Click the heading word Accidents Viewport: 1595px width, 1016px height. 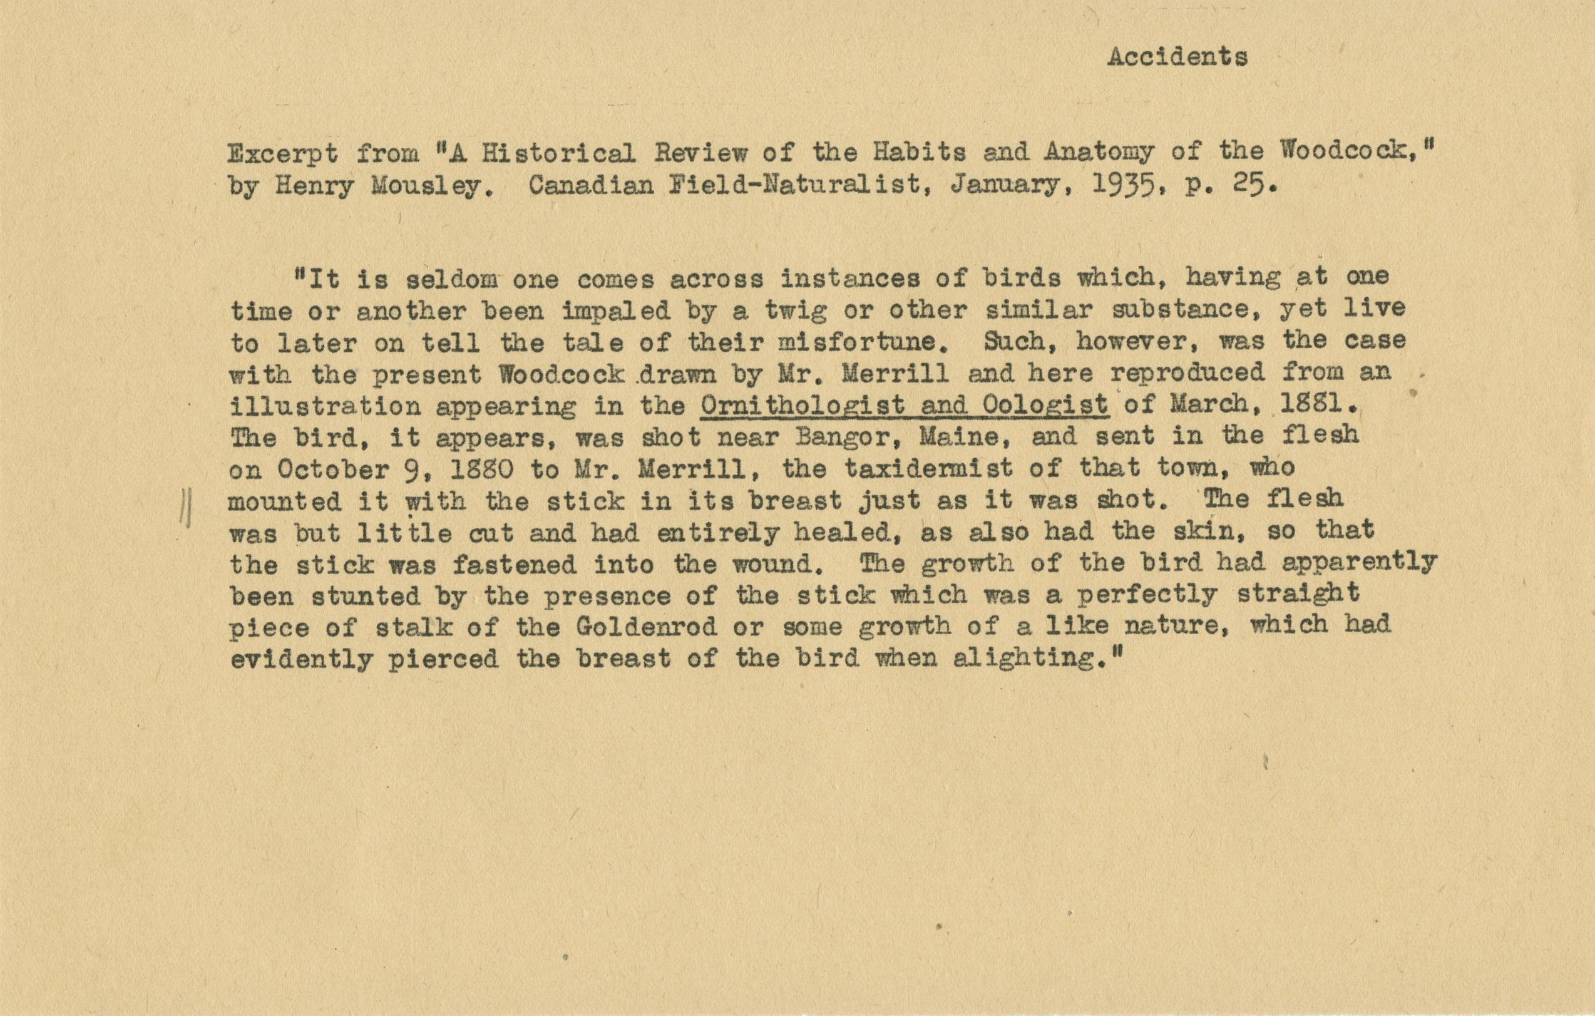coord(1177,58)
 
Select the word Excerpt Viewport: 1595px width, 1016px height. coord(283,155)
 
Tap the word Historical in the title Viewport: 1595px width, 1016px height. coord(558,153)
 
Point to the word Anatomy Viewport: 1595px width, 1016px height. coord(1098,153)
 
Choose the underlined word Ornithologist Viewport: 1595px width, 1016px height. coord(802,406)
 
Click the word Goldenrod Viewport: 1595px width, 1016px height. coord(646,627)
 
